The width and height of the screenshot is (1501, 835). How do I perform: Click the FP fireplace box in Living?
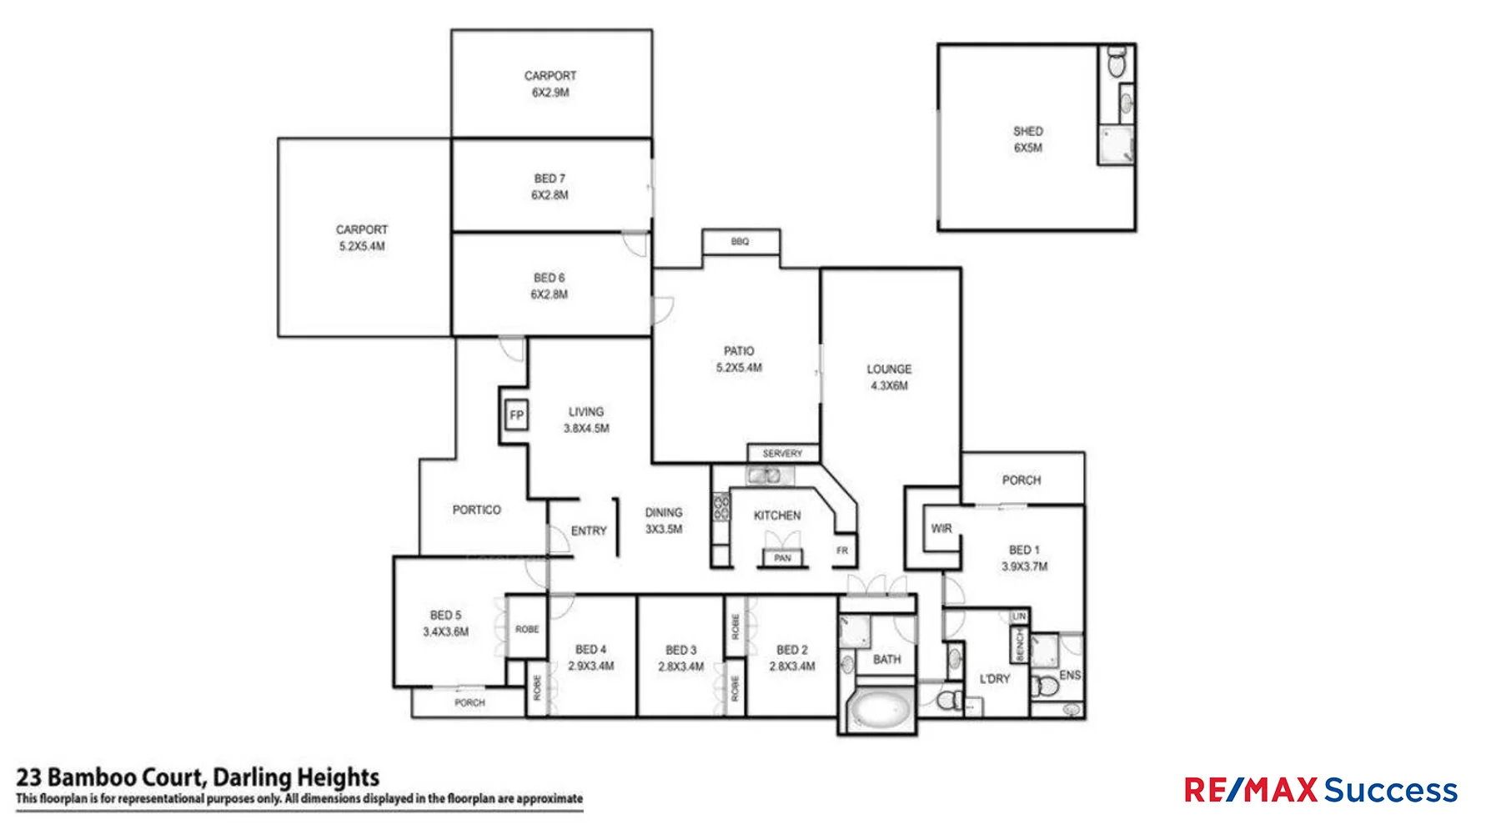[516, 415]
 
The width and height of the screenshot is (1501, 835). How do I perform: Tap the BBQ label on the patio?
[740, 241]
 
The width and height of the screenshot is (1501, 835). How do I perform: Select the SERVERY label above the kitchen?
[782, 453]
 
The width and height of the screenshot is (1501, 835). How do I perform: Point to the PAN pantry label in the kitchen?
[782, 557]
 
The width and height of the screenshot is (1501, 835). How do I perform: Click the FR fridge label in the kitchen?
[842, 551]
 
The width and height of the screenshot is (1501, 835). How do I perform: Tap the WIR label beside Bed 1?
[941, 528]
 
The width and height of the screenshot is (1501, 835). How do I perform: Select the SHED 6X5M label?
[1027, 139]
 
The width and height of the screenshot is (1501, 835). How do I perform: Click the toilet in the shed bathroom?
[1117, 63]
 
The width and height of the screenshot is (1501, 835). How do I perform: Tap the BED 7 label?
[550, 179]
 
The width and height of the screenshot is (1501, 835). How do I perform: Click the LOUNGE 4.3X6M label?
[889, 377]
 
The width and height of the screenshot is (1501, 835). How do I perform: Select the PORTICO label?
[476, 509]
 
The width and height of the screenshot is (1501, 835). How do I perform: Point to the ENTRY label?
[589, 531]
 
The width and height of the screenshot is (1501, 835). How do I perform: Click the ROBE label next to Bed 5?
[527, 629]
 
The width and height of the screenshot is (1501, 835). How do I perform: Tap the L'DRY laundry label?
[994, 679]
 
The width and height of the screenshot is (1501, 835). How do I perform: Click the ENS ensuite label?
[1069, 675]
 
